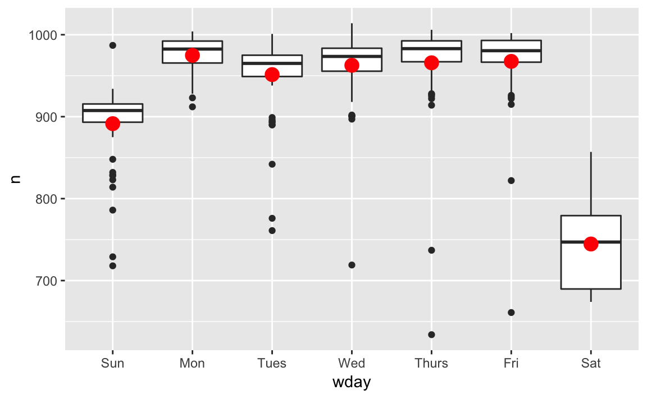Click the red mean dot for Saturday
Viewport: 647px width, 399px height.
pos(591,244)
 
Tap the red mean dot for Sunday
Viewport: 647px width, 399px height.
pos(112,123)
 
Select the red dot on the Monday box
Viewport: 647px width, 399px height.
pos(193,55)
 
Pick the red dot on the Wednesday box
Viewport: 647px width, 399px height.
pos(352,65)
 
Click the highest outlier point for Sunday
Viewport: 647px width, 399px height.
pos(112,45)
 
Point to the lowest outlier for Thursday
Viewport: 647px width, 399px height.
pos(431,334)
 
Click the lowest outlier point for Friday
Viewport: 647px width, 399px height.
pos(511,312)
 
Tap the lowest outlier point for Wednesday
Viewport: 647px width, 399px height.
pos(352,265)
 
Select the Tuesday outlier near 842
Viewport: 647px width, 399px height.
pos(272,164)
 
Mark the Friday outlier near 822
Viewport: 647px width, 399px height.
pos(511,180)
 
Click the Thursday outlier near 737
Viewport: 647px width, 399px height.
pos(431,250)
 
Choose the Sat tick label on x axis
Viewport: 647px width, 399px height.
pos(591,364)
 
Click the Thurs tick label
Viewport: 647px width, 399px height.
pos(431,364)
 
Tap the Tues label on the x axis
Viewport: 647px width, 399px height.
pos(272,364)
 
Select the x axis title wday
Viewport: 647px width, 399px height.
pos(352,383)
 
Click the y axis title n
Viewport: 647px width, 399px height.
pos(16,180)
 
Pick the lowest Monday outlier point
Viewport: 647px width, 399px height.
pos(193,107)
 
